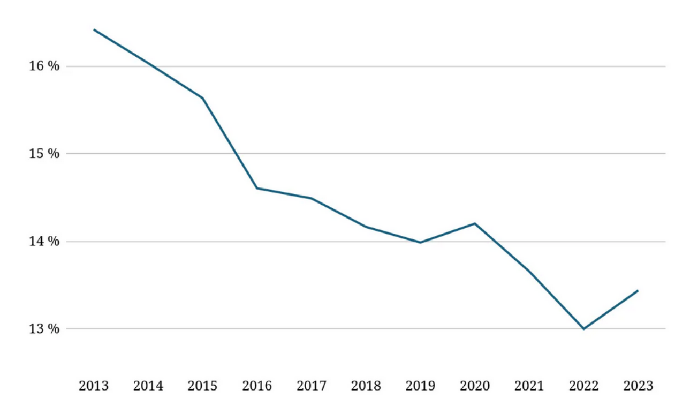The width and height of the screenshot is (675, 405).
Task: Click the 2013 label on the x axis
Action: point(94,386)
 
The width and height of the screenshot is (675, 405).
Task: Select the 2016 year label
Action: point(257,386)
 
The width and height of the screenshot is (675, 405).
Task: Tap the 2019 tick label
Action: point(420,386)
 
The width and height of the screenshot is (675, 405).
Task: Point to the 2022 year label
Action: point(583,386)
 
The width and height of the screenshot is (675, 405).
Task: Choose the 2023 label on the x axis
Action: point(638,386)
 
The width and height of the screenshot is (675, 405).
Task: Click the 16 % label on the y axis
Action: point(44,66)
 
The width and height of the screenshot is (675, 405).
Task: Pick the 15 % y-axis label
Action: point(44,154)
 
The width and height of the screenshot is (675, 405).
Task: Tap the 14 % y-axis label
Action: point(44,242)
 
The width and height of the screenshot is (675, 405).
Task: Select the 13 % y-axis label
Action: point(44,328)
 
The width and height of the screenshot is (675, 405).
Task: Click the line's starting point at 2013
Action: point(94,29)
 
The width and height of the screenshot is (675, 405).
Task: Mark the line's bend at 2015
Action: point(203,98)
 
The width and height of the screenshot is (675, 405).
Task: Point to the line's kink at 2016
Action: point(257,188)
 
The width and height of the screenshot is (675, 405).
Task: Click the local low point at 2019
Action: point(420,243)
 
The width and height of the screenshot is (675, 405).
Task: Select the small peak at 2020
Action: point(475,223)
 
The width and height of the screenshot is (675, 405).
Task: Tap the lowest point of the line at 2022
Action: point(583,329)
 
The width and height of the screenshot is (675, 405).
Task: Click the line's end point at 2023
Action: point(638,291)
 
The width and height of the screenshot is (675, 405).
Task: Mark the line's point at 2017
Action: point(312,198)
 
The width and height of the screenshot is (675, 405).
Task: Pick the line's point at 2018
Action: point(366,227)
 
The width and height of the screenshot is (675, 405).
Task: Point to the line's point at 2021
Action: point(529,271)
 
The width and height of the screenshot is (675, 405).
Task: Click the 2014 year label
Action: point(148,386)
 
